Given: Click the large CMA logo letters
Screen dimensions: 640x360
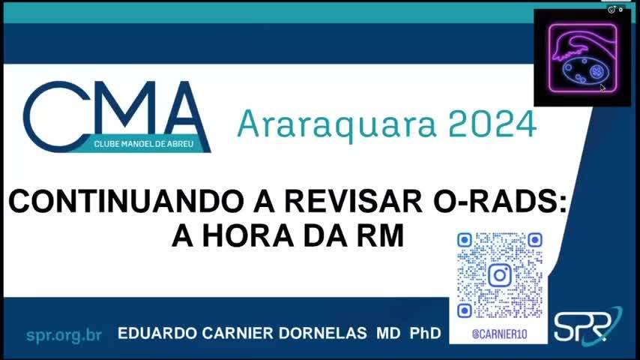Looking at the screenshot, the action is tap(117, 116).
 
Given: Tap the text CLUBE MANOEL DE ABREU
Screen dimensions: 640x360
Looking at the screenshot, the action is tap(144, 144).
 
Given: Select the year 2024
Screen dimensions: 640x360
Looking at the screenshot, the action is tap(492, 124).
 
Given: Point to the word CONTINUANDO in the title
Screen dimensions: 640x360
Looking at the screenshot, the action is tap(126, 201).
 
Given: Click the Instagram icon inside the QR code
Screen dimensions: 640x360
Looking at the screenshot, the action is tap(500, 275).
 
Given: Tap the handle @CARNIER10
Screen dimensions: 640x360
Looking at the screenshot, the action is tap(500, 334).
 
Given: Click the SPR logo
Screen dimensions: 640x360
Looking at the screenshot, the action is tap(588, 325).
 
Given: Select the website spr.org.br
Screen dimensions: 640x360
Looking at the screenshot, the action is tap(64, 335).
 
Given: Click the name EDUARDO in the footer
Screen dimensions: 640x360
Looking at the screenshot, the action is tap(157, 333).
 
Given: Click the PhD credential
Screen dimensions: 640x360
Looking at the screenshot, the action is tap(426, 333).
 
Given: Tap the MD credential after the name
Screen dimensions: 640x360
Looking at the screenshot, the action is tap(388, 333).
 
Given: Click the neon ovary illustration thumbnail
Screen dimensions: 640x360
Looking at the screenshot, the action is tap(582, 58).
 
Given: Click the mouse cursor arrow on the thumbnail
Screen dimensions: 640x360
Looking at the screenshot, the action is tap(603, 88).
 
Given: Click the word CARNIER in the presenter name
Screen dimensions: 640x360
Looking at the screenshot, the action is tap(238, 333).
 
